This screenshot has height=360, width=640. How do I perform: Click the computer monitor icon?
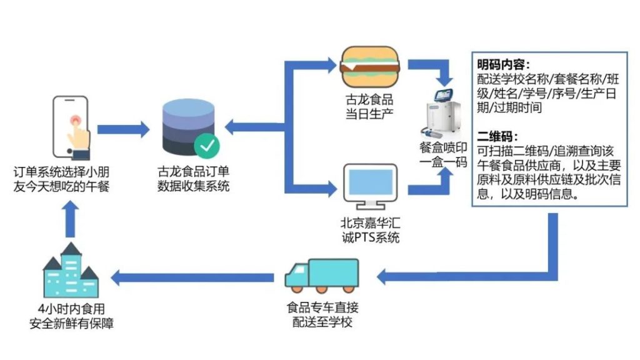[x=369, y=186]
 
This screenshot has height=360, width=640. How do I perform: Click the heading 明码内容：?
[x=504, y=65]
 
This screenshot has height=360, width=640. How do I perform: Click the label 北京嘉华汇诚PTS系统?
[x=369, y=229]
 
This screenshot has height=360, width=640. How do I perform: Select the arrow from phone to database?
[x=124, y=129]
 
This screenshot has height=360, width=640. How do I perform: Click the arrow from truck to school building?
[x=194, y=276]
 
